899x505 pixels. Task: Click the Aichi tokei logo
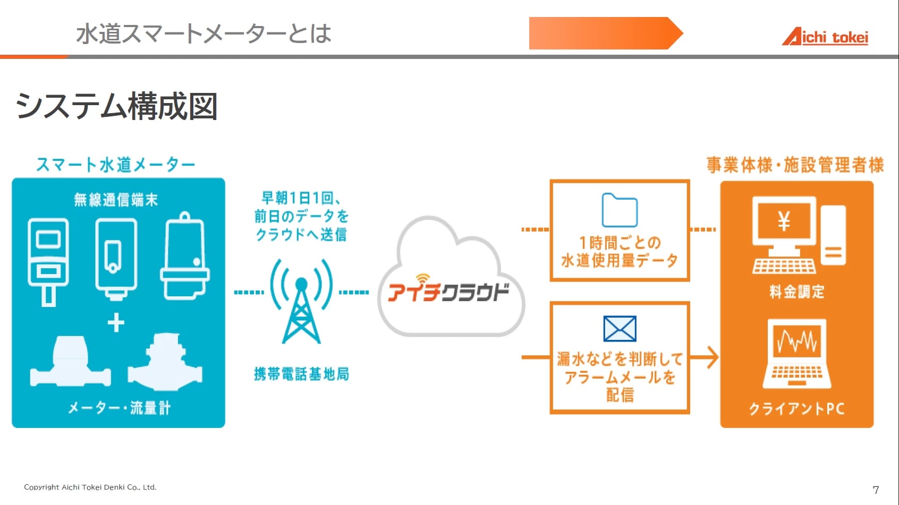(825, 37)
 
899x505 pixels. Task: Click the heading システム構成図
(116, 106)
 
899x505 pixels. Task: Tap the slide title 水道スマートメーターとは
(203, 33)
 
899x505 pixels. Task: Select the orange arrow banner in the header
(606, 33)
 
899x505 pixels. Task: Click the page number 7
(876, 490)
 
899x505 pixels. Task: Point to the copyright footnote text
(90, 487)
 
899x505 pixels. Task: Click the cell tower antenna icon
(301, 301)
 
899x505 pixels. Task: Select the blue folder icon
(620, 210)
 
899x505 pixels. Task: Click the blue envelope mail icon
(620, 329)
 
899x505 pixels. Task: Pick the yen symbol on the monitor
(784, 221)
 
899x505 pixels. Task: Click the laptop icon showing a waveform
(796, 353)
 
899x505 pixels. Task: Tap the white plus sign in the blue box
(116, 323)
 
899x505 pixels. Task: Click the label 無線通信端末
(116, 199)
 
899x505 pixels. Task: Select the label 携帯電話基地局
(301, 374)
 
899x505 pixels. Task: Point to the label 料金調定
(796, 292)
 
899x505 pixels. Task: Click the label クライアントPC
(796, 409)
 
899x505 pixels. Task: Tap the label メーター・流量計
(119, 408)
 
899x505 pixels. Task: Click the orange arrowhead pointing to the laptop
(713, 357)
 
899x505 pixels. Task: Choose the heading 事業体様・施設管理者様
(795, 165)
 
